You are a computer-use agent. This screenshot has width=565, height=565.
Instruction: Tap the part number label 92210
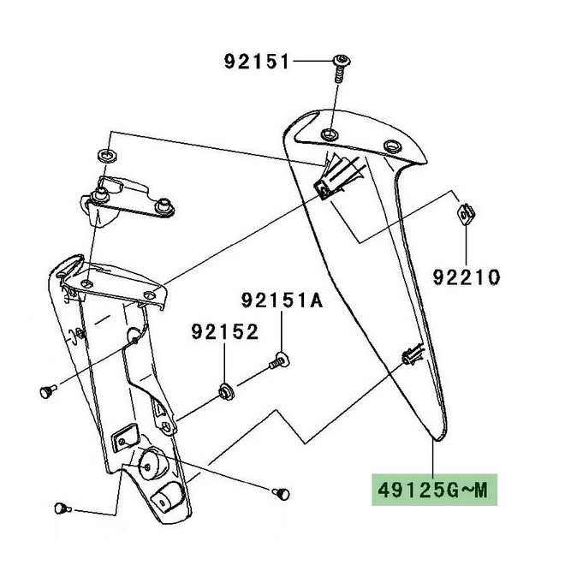click(467, 277)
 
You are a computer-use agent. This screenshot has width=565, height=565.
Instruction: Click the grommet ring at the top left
click(110, 155)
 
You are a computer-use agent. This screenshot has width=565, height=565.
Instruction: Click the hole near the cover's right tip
click(395, 146)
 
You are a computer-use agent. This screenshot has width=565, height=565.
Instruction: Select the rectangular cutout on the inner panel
click(125, 437)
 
